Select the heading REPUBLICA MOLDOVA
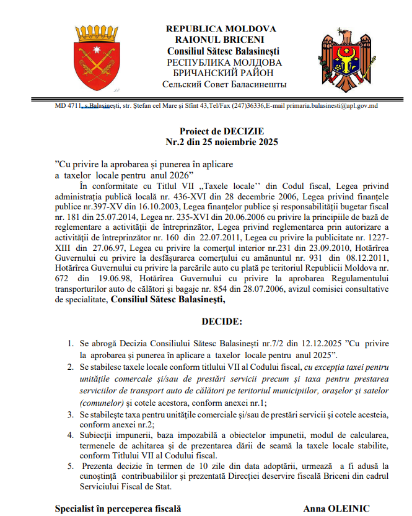pyautogui.click(x=221, y=30)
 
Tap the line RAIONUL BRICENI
pyautogui.click(x=221, y=40)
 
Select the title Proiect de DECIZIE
pyautogui.click(x=222, y=131)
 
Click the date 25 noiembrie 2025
pyautogui.click(x=242, y=142)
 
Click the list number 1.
pyautogui.click(x=69, y=343)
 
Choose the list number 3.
pyautogui.click(x=69, y=413)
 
